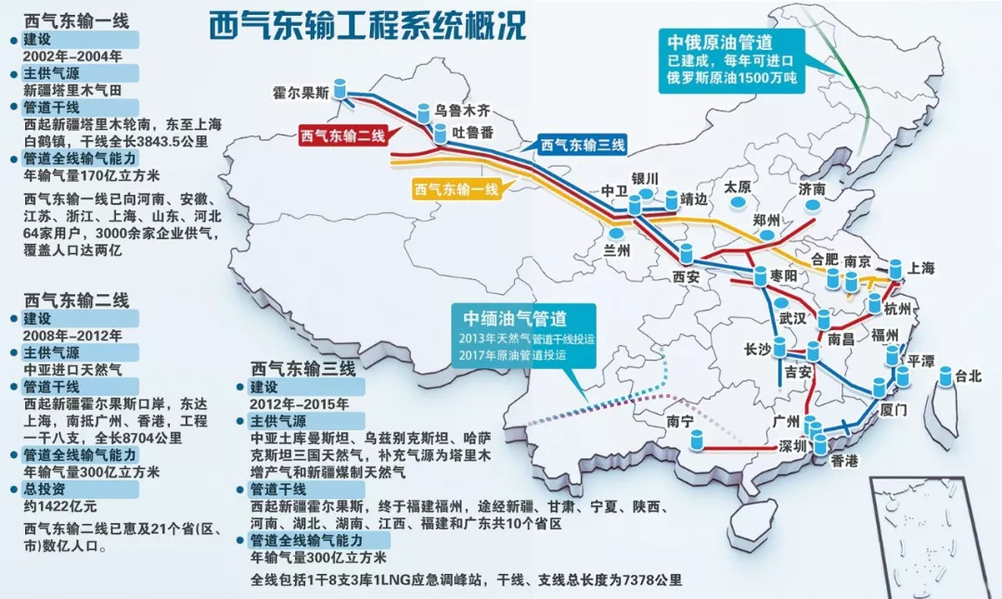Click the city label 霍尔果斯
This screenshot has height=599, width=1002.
tap(302, 93)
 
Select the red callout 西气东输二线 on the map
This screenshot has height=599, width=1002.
tap(340, 136)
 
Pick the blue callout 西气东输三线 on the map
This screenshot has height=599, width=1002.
tap(584, 145)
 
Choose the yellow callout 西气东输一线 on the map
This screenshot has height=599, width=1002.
tap(457, 189)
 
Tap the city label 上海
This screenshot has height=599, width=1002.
tap(922, 269)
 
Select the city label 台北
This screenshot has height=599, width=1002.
tap(968, 376)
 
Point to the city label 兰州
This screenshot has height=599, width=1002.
tap(616, 250)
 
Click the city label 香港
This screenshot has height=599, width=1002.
tap(844, 461)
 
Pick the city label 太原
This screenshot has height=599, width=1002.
tap(738, 185)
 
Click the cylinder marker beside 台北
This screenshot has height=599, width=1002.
tap(944, 376)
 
